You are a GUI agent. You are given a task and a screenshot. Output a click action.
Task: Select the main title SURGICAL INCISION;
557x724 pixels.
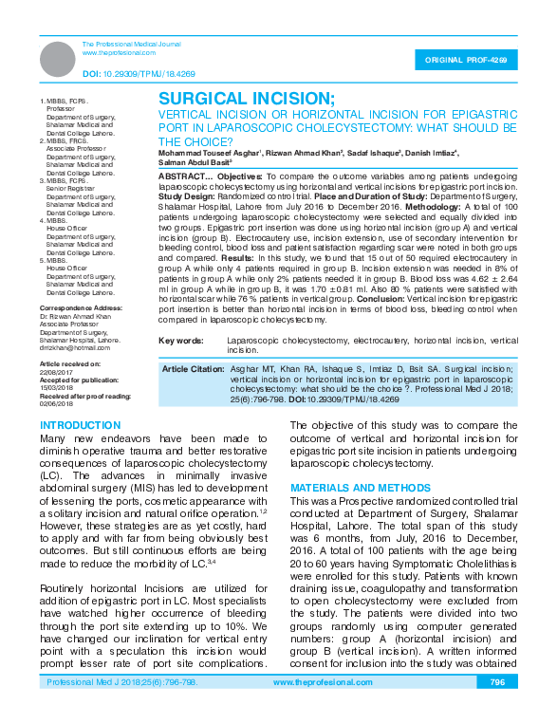point(246,100)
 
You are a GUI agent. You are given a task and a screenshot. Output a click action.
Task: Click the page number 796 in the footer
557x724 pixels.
point(497,709)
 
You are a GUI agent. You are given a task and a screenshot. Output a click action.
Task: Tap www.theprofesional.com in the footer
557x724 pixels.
point(321,709)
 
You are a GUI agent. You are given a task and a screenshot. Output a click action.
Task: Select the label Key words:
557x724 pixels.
point(180,340)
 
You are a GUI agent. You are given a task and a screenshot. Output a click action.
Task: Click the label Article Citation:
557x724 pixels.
point(194,368)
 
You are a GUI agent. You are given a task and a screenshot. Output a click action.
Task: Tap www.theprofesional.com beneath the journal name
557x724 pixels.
point(113,53)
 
